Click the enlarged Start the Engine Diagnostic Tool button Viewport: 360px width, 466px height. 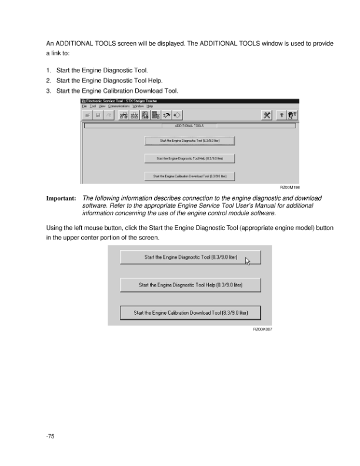(x=190, y=257)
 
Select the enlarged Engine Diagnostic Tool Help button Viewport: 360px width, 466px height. (x=190, y=285)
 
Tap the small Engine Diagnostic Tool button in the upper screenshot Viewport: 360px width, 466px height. (x=189, y=141)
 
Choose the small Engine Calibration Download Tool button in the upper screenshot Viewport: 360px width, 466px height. (x=189, y=176)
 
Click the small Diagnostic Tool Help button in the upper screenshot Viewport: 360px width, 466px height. (x=189, y=158)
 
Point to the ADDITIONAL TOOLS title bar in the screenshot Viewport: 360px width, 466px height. (x=189, y=125)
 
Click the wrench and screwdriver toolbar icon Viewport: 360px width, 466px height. (x=266, y=115)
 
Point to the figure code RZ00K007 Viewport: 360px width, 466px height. (x=262, y=330)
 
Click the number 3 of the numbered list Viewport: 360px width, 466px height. (x=48, y=91)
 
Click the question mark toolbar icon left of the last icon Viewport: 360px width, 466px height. (x=281, y=115)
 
